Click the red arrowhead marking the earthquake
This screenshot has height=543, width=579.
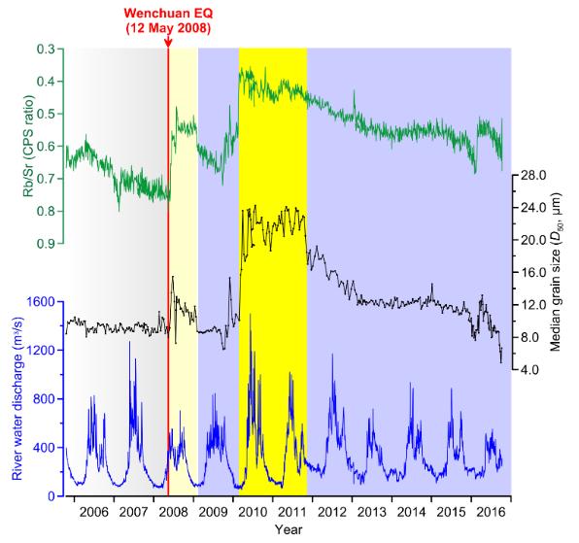pos(167,47)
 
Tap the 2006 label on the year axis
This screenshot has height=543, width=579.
pos(94,511)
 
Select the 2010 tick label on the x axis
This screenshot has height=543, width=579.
pos(254,511)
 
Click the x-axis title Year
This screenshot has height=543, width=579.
pos(288,529)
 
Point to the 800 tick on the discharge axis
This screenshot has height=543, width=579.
pos(42,399)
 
